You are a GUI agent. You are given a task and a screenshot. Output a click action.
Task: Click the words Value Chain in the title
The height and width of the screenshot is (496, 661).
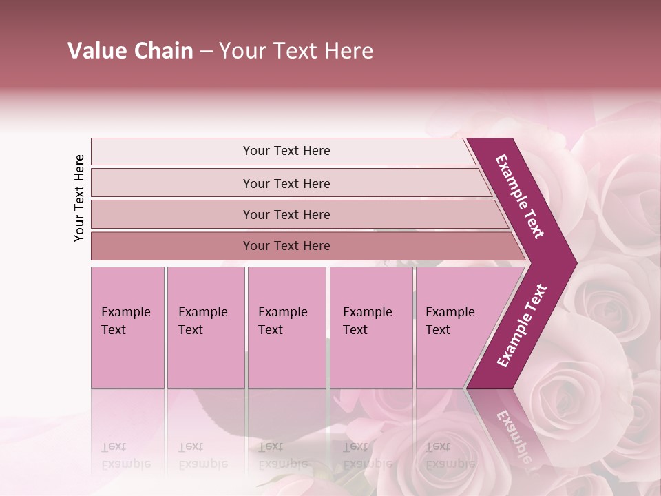coord(130,51)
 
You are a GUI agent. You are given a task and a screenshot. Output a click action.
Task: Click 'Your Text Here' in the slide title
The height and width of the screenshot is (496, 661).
coord(296,51)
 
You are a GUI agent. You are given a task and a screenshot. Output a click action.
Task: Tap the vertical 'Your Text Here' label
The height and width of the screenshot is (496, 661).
coord(79,198)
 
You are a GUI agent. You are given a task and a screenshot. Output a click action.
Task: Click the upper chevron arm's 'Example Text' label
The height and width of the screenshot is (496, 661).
coord(520,196)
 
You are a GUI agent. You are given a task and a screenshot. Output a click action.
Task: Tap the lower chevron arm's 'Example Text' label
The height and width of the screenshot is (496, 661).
coord(522,325)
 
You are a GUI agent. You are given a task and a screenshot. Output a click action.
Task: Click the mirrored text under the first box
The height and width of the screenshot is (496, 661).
coord(125,455)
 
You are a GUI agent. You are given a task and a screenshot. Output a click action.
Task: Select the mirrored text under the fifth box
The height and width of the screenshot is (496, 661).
coord(450,455)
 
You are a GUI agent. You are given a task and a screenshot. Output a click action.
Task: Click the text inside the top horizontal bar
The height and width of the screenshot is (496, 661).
coord(286,151)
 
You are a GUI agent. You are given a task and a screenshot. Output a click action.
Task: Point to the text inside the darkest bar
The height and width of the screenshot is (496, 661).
coord(286,246)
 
